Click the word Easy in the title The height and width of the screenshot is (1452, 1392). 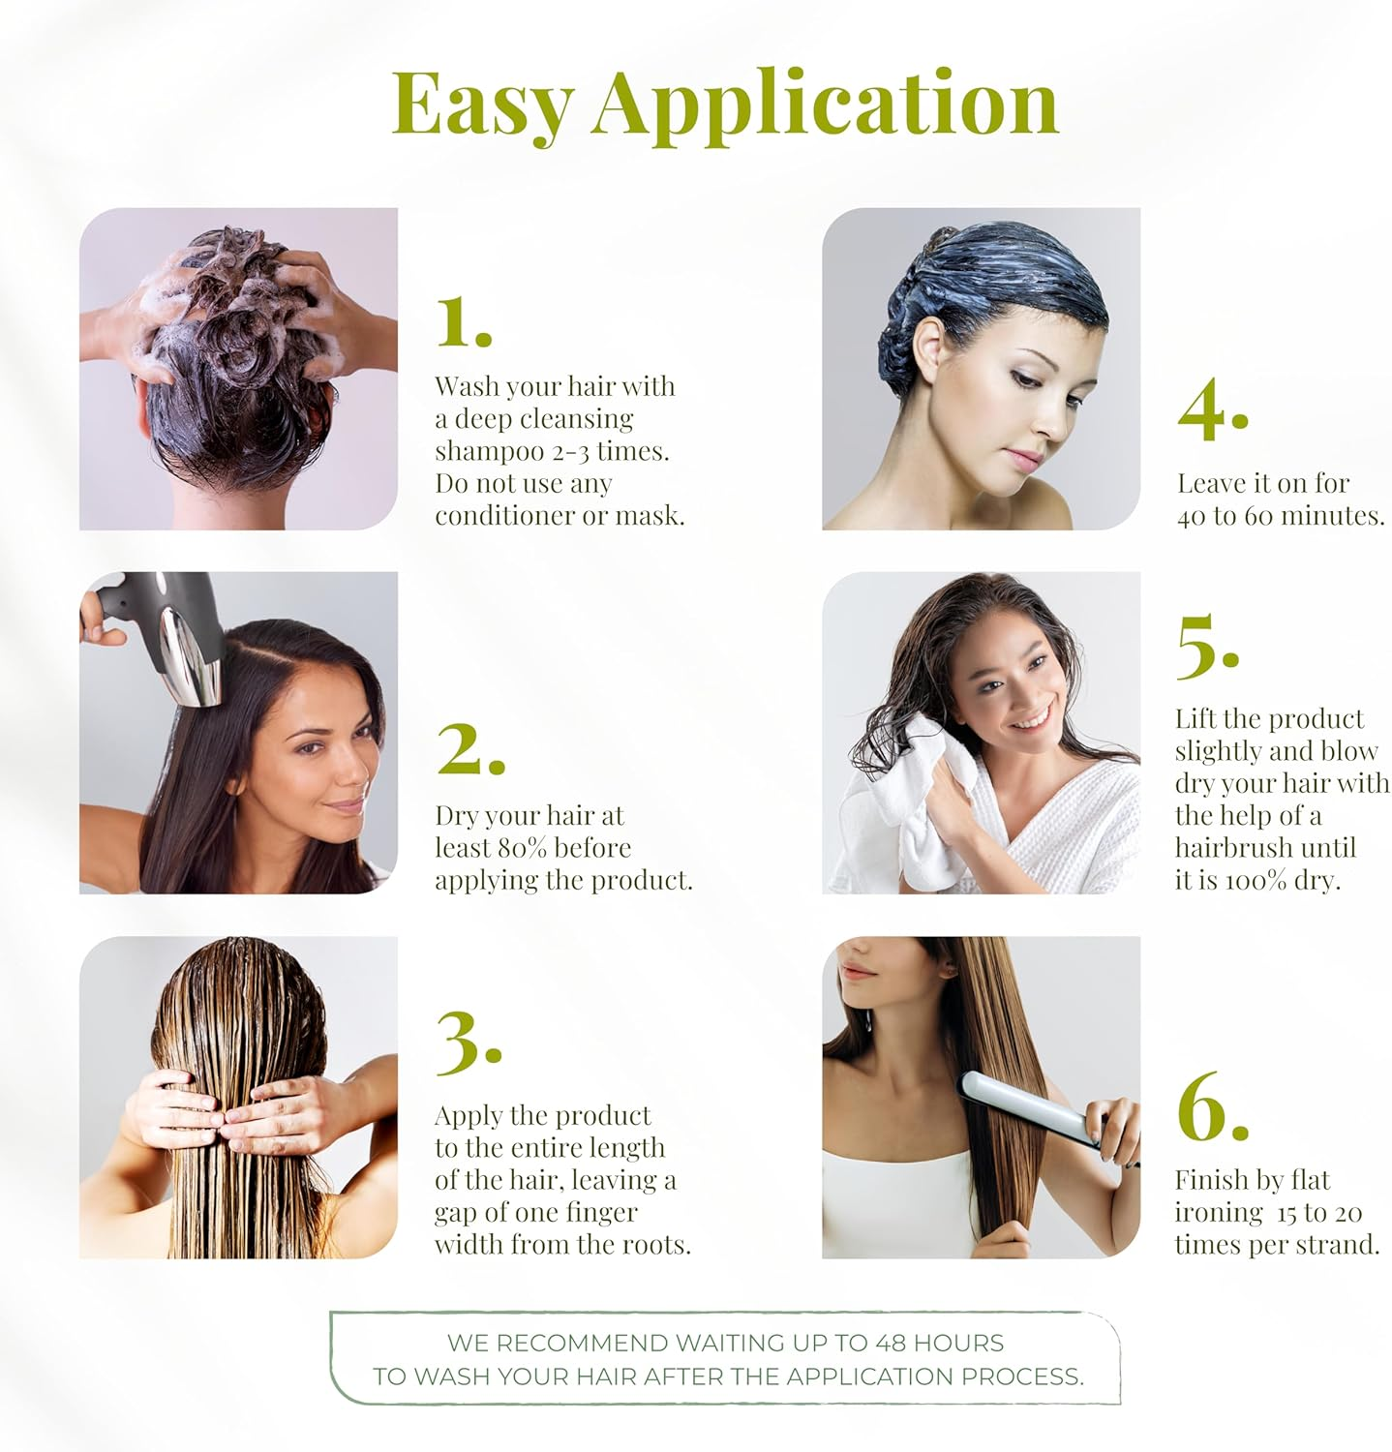481,105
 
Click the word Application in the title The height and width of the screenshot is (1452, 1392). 825,105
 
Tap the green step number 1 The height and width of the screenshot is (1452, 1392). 462,321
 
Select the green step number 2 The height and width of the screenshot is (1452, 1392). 469,749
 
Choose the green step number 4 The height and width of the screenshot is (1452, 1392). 1211,410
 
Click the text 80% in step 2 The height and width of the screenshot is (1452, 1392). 524,848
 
